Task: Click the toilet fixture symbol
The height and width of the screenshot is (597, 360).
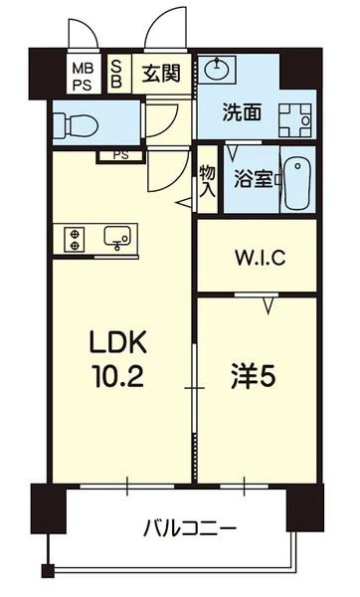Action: (77, 123)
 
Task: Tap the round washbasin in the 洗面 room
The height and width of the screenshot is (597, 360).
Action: (217, 69)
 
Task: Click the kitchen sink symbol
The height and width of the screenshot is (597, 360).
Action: (117, 239)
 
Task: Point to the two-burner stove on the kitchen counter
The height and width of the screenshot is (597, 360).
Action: (75, 240)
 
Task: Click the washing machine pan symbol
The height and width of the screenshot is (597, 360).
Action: (295, 120)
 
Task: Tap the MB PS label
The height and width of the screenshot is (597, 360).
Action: (83, 77)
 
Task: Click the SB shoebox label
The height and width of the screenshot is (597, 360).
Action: (116, 74)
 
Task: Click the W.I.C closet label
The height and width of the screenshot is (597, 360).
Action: (261, 258)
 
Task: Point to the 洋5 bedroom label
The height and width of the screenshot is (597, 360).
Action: (254, 376)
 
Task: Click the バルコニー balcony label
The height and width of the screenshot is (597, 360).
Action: (190, 529)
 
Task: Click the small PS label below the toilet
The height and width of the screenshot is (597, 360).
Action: (121, 155)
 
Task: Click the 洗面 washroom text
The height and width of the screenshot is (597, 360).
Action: (242, 111)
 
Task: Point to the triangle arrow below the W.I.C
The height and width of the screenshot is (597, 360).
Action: (270, 305)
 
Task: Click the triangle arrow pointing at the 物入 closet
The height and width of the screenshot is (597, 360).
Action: (184, 203)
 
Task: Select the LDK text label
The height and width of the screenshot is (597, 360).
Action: (118, 341)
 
